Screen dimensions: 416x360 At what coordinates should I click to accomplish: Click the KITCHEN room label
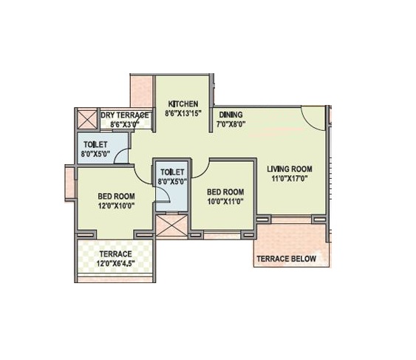[x=183, y=103]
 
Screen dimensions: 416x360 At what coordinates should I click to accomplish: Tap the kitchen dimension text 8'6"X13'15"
[x=183, y=113]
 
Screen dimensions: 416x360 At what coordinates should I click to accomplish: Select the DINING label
[x=231, y=115]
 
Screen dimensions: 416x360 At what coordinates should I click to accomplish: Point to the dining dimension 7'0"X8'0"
[x=231, y=124]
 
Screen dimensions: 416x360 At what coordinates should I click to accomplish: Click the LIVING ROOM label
[x=290, y=169]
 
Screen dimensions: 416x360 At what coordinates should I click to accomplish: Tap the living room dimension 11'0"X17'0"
[x=290, y=178]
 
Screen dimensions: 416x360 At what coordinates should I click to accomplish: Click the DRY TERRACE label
[x=125, y=115]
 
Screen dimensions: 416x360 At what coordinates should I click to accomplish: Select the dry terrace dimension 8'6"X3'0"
[x=125, y=124]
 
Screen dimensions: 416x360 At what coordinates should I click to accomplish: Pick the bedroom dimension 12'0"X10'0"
[x=116, y=206]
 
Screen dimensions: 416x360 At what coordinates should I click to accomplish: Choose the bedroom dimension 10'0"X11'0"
[x=225, y=202]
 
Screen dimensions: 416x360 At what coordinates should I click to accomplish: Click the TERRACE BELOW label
[x=287, y=259]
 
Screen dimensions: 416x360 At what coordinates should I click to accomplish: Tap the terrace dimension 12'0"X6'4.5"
[x=116, y=264]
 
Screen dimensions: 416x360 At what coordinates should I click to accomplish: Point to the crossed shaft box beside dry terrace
[x=87, y=119]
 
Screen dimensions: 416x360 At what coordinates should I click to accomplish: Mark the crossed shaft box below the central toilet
[x=172, y=225]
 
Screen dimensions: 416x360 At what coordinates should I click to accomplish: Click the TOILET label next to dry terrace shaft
[x=95, y=144]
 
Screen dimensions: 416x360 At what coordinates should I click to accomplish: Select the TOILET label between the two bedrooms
[x=172, y=172]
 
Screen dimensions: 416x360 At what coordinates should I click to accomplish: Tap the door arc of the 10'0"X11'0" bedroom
[x=203, y=171]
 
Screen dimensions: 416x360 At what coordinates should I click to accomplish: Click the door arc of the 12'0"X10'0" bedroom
[x=140, y=177]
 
